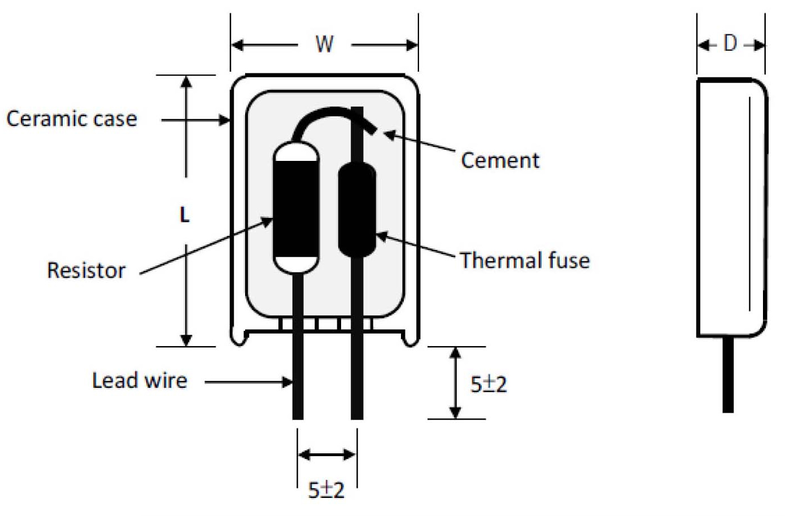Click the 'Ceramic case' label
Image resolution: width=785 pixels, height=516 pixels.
72,119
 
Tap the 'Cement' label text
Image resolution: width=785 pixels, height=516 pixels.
500,160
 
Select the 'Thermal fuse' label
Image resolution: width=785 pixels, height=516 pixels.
524,260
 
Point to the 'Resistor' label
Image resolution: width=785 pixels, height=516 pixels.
86,270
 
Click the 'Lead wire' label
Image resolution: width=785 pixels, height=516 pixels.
139,381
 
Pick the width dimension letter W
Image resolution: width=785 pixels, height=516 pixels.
324,44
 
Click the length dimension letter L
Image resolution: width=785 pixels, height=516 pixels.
185,215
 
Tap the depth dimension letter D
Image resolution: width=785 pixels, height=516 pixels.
730,43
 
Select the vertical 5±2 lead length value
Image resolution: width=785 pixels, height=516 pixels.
489,384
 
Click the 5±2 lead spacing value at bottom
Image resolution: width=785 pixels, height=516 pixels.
326,489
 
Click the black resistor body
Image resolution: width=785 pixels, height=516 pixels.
295,209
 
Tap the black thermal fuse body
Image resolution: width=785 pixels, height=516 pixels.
357,209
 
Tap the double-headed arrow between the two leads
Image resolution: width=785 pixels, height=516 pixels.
327,454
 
